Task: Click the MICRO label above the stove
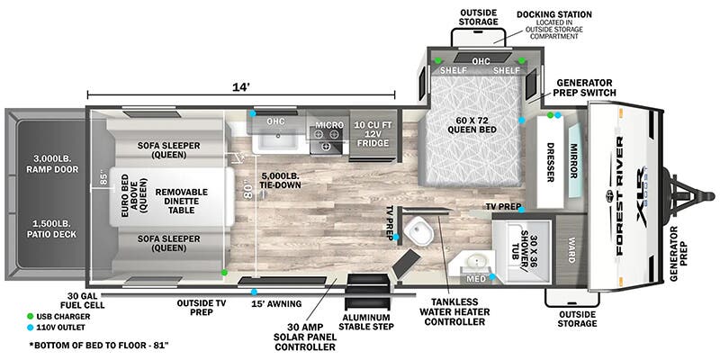click(329, 125)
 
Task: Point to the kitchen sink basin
click(278, 138)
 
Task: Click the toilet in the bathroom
click(419, 231)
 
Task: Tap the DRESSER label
click(550, 162)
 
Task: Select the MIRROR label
click(573, 161)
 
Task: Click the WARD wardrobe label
click(571, 250)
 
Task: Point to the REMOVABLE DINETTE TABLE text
click(181, 201)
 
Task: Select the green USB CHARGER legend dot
click(31, 317)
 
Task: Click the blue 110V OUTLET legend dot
click(31, 328)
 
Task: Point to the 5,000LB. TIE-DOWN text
click(280, 181)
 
